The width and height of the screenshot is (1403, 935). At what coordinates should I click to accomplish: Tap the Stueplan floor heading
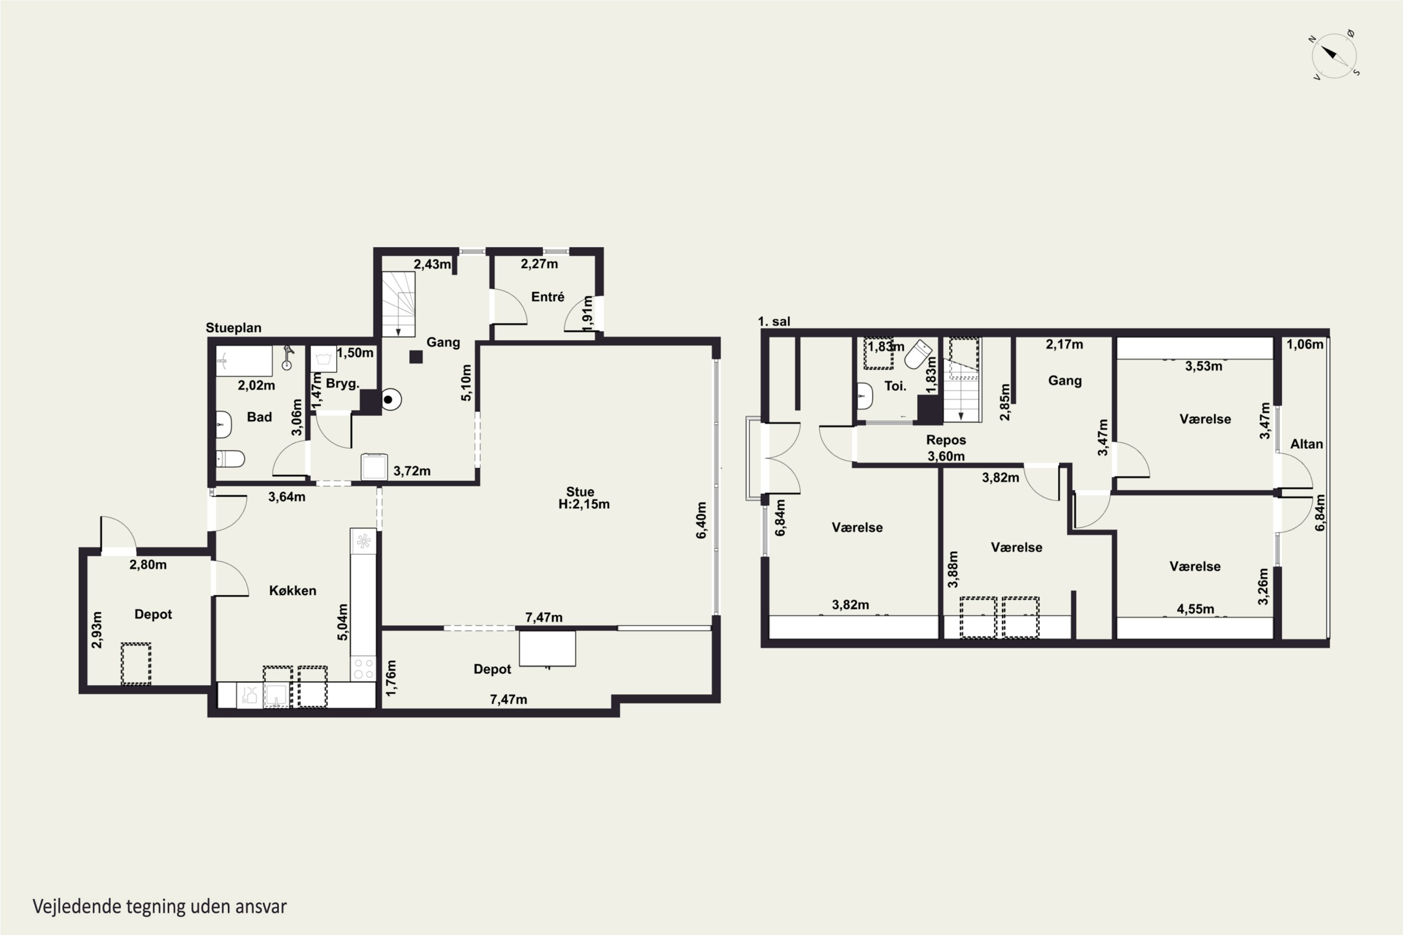click(233, 327)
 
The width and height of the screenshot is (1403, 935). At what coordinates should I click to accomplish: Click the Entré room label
click(548, 296)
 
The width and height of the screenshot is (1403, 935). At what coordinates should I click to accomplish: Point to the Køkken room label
click(292, 590)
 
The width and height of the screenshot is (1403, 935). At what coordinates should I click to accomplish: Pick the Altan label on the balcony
click(1306, 444)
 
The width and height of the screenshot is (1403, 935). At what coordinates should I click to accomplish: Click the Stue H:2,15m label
click(583, 498)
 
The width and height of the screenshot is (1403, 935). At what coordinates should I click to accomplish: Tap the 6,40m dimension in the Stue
click(701, 520)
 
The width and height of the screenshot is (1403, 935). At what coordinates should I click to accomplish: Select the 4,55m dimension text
click(1195, 609)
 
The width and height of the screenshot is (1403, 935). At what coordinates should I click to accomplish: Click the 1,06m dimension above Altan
click(1305, 344)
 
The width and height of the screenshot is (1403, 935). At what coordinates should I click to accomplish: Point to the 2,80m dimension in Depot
click(148, 564)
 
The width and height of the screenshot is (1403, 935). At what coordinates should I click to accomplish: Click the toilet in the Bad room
click(230, 459)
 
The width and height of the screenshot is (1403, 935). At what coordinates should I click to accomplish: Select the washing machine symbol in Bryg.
click(323, 359)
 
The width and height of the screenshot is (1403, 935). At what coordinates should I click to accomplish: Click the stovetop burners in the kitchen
click(363, 668)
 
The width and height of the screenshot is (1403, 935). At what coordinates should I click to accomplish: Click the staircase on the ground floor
click(398, 304)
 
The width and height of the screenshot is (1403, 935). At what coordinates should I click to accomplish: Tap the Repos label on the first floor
click(946, 440)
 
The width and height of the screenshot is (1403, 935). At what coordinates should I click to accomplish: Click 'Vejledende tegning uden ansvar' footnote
click(160, 906)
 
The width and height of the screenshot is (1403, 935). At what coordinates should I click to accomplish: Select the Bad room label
click(260, 417)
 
